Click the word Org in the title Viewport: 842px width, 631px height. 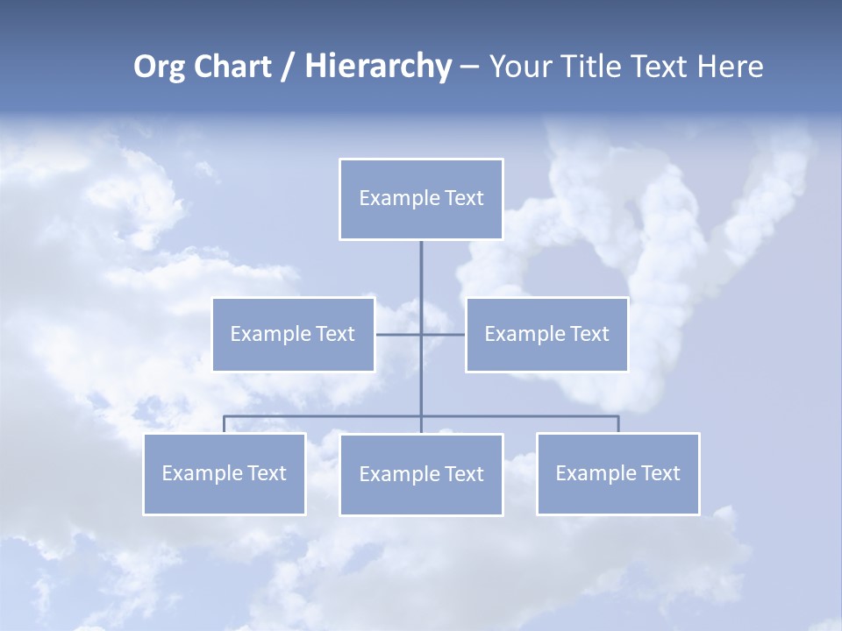point(158,67)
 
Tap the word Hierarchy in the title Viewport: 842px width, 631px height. point(377,67)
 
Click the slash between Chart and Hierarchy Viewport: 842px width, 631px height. point(288,67)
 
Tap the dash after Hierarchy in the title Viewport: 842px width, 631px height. point(469,67)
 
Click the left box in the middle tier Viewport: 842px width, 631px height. point(293,355)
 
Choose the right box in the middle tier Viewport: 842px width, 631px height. point(546,355)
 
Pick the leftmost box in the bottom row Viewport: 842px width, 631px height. point(224,495)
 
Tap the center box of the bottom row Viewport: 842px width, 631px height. point(421,496)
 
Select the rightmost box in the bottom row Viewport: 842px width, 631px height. point(617,495)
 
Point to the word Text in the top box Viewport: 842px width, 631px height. point(464,198)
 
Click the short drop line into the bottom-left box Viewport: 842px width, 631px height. point(224,424)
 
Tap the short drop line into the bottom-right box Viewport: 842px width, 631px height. point(618,424)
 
